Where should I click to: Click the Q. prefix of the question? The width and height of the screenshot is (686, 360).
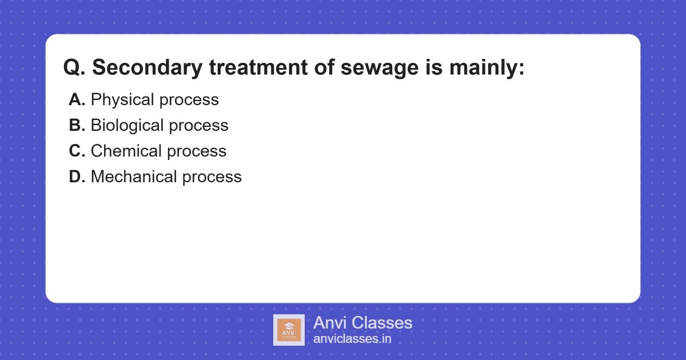click(x=74, y=68)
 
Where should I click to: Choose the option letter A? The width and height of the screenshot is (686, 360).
click(x=77, y=100)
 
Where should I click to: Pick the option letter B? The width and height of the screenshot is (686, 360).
click(x=77, y=126)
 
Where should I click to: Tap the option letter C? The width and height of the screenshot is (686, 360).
click(x=77, y=151)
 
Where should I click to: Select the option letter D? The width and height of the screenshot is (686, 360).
click(x=77, y=177)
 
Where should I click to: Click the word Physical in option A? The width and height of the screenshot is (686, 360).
click(x=122, y=100)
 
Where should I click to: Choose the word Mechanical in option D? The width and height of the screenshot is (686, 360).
click(x=134, y=177)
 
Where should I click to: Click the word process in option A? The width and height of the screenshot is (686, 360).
click(x=189, y=100)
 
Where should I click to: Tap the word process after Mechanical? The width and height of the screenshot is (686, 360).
click(x=212, y=177)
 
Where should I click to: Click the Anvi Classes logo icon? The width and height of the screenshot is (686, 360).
click(x=289, y=330)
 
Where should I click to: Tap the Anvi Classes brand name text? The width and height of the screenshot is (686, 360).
click(x=362, y=323)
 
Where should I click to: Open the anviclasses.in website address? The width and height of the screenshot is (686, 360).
click(x=352, y=339)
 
